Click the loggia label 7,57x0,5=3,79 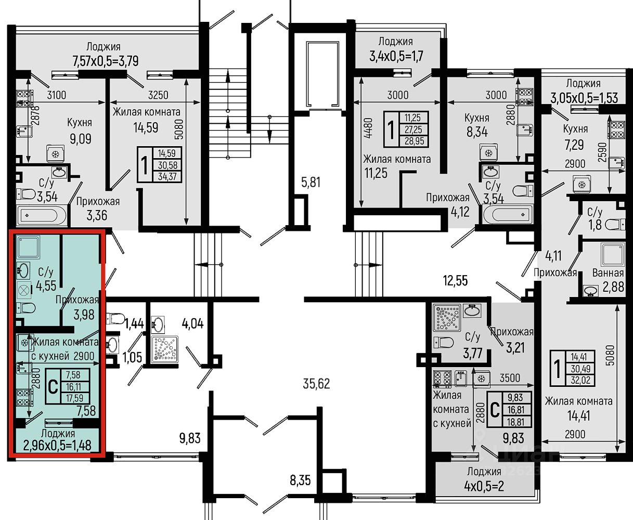[106, 61]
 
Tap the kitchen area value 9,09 [81, 139]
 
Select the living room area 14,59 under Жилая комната [146, 127]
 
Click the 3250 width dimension [158, 95]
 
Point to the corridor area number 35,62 [316, 384]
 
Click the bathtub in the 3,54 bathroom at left [42, 215]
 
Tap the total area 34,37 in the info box [167, 176]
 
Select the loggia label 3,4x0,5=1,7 [396, 56]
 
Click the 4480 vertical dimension [368, 128]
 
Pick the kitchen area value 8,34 [477, 132]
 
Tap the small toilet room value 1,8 [595, 225]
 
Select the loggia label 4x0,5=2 [484, 486]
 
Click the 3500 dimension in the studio [510, 378]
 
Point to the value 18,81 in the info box [515, 422]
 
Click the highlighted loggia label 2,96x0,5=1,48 [57, 446]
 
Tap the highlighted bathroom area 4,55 [46, 286]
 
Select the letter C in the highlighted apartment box [53, 387]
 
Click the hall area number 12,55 [455, 281]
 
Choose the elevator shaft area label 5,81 [311, 183]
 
